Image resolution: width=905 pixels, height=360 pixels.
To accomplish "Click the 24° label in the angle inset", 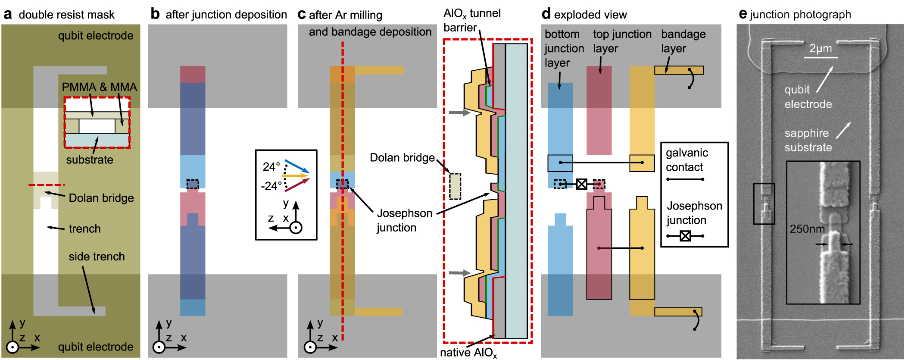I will click(271, 166).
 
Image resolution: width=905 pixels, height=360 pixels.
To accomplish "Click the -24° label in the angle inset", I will click(271, 186).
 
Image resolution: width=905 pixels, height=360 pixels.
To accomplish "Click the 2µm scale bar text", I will click(820, 48).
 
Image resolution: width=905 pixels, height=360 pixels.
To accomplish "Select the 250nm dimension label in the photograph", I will click(807, 229).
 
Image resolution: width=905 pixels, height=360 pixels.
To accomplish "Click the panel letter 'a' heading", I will click(7, 14).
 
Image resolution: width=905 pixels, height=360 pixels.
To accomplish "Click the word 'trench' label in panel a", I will click(84, 229).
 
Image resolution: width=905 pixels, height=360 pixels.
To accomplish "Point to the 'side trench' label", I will click(97, 257).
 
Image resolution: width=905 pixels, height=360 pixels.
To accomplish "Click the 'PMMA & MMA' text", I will click(99, 87).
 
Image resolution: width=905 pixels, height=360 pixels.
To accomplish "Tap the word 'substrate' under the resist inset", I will click(90, 160).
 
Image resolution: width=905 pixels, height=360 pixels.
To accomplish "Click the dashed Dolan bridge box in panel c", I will click(455, 186).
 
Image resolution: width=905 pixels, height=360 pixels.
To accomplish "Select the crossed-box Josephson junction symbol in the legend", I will click(685, 236).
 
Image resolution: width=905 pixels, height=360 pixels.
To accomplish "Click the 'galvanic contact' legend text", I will click(687, 160).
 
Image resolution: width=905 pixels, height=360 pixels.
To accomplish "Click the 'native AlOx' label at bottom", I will click(468, 353).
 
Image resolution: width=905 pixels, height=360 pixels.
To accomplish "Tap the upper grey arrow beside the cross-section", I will click(459, 113).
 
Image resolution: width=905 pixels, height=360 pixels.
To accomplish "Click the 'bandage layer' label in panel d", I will click(683, 41).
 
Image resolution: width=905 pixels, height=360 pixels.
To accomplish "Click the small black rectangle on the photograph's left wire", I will click(764, 203).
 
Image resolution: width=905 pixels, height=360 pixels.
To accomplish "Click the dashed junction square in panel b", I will click(193, 184).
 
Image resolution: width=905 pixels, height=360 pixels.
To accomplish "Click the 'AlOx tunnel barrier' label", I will click(471, 20).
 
